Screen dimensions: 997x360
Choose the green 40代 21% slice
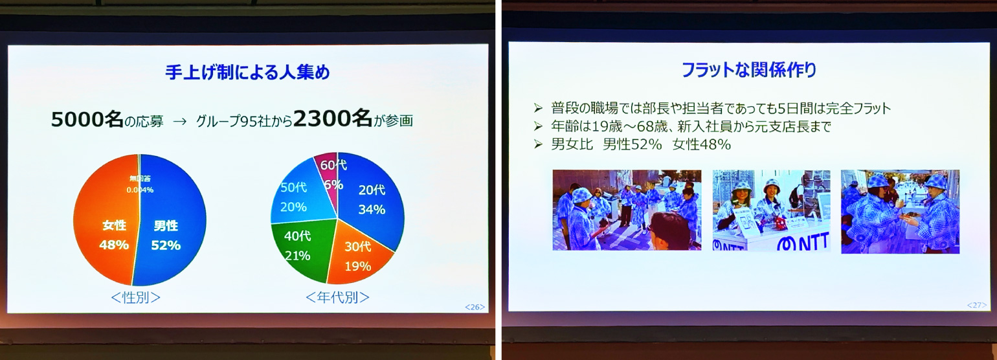[x=300, y=247]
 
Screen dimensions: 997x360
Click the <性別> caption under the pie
[x=135, y=297]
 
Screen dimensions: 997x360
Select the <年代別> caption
[x=337, y=297]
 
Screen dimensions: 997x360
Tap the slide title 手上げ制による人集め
[x=247, y=72]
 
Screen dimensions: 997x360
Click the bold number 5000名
[x=87, y=120]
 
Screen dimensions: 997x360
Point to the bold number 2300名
[x=333, y=119]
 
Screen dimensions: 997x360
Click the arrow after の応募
[x=179, y=121]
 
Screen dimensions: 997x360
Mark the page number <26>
[x=475, y=307]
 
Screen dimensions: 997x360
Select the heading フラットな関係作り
[x=749, y=71]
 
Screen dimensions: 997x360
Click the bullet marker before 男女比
[x=538, y=144]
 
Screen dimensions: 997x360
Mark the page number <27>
[x=976, y=305]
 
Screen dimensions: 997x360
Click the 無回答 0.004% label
[x=140, y=185]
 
